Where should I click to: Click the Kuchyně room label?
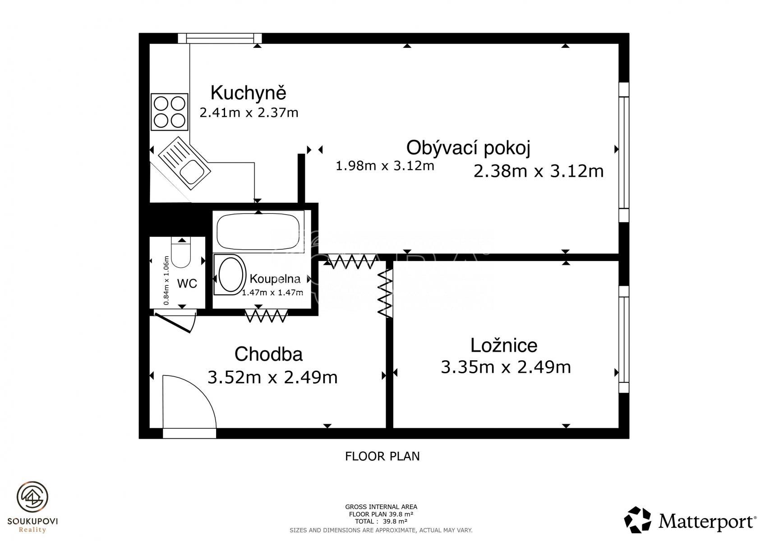point(248,93)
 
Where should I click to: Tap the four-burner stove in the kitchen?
point(170,112)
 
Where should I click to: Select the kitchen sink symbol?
point(184,163)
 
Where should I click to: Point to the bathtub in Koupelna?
point(258,232)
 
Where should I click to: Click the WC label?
point(187,283)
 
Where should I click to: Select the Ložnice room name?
point(504,345)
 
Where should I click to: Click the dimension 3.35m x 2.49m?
point(506,367)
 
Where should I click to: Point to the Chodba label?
point(268,354)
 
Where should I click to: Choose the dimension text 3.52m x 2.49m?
point(272,377)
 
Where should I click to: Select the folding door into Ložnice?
point(385,293)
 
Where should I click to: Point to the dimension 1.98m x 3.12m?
point(385,166)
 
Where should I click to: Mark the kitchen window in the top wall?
point(220,38)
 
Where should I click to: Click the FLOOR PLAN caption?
point(382,456)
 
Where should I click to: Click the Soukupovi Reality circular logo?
point(32,497)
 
